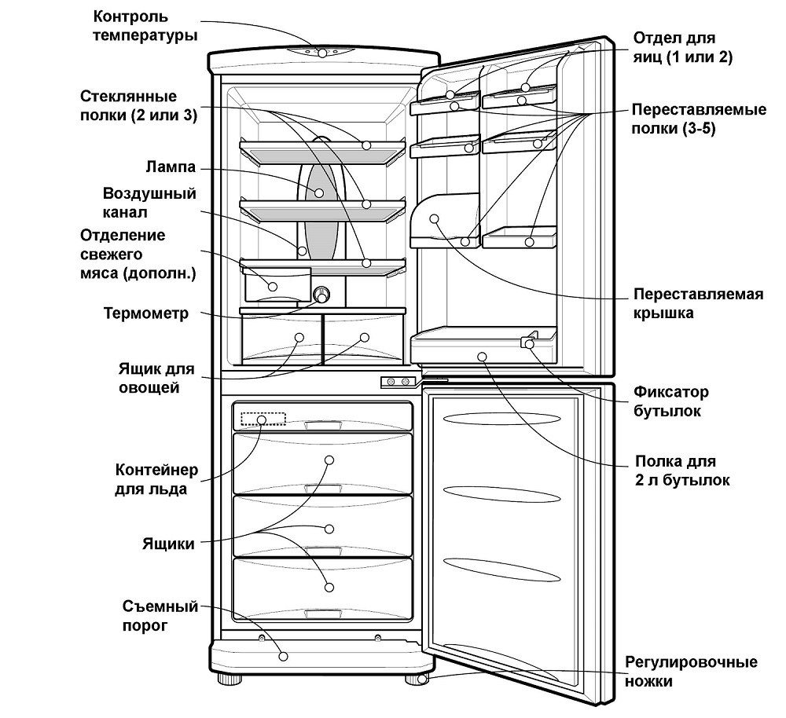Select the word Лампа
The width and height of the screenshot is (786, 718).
pyautogui.click(x=171, y=167)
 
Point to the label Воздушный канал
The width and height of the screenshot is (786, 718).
pyautogui.click(x=149, y=203)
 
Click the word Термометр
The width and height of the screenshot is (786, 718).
pyautogui.click(x=146, y=314)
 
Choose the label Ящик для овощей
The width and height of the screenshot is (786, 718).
pyautogui.click(x=155, y=378)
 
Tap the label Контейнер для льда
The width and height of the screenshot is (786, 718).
pyautogui.click(x=156, y=479)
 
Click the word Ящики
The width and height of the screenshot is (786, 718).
pyautogui.click(x=168, y=544)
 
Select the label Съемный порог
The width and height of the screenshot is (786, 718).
pyautogui.click(x=158, y=616)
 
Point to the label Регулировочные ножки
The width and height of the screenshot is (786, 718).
pyautogui.click(x=691, y=672)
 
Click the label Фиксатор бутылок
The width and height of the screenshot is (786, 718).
pyautogui.click(x=670, y=401)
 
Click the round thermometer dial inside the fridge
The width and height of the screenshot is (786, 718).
pyautogui.click(x=321, y=295)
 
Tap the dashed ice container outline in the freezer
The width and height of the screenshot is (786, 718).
pyautogui.click(x=263, y=419)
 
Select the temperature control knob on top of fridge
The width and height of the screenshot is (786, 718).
pyautogui.click(x=322, y=53)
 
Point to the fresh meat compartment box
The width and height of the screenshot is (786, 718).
pyautogui.click(x=272, y=284)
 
